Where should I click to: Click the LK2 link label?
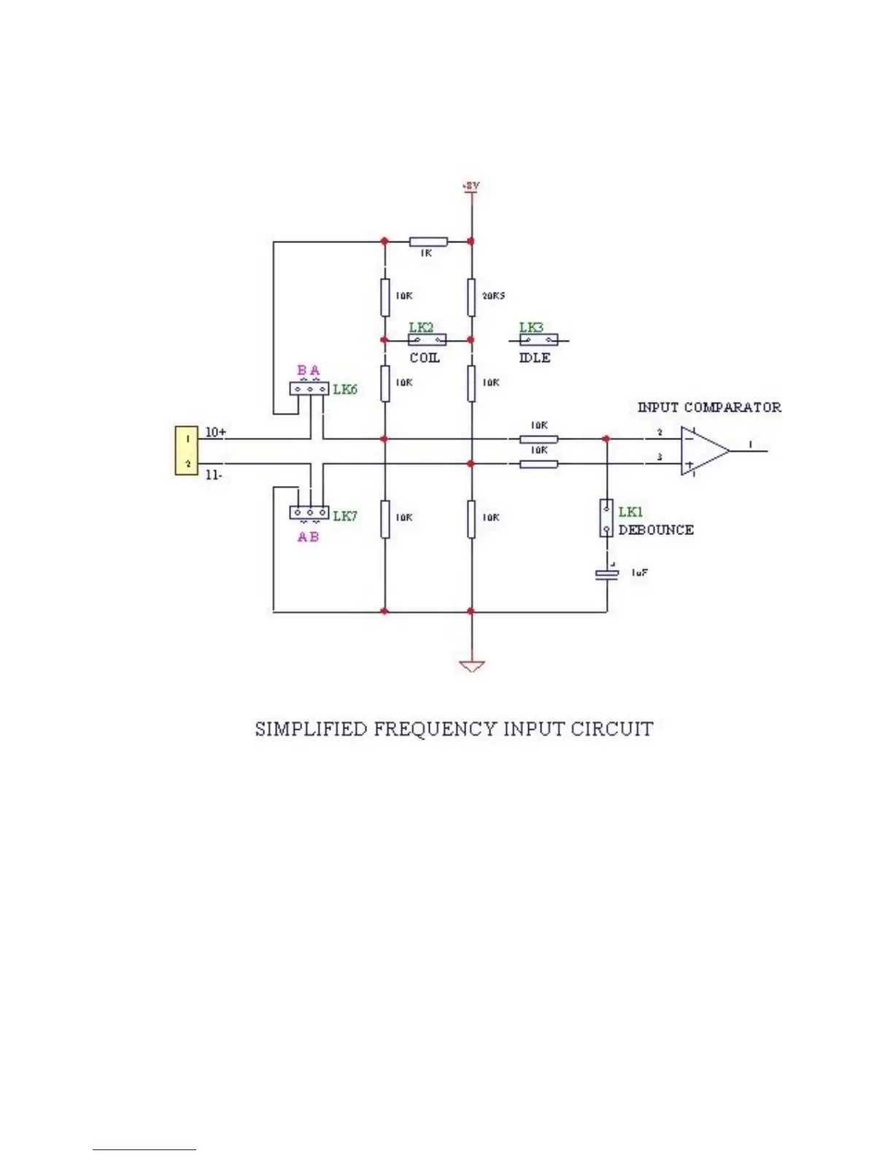(x=421, y=328)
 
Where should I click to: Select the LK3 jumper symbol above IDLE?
(x=539, y=339)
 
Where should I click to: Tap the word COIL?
(x=425, y=358)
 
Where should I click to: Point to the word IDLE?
(x=535, y=358)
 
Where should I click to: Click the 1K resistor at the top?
(x=428, y=241)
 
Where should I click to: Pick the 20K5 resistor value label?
(x=493, y=296)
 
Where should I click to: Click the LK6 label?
(x=345, y=389)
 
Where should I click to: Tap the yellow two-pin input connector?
(x=186, y=451)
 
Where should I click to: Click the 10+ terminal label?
(x=215, y=432)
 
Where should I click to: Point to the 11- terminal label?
(x=214, y=475)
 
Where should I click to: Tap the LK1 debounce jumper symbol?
(x=606, y=518)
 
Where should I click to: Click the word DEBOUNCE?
(x=656, y=530)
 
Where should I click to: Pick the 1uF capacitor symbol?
(x=607, y=574)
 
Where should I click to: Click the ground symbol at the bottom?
(x=471, y=665)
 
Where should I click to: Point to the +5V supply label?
(x=471, y=187)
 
